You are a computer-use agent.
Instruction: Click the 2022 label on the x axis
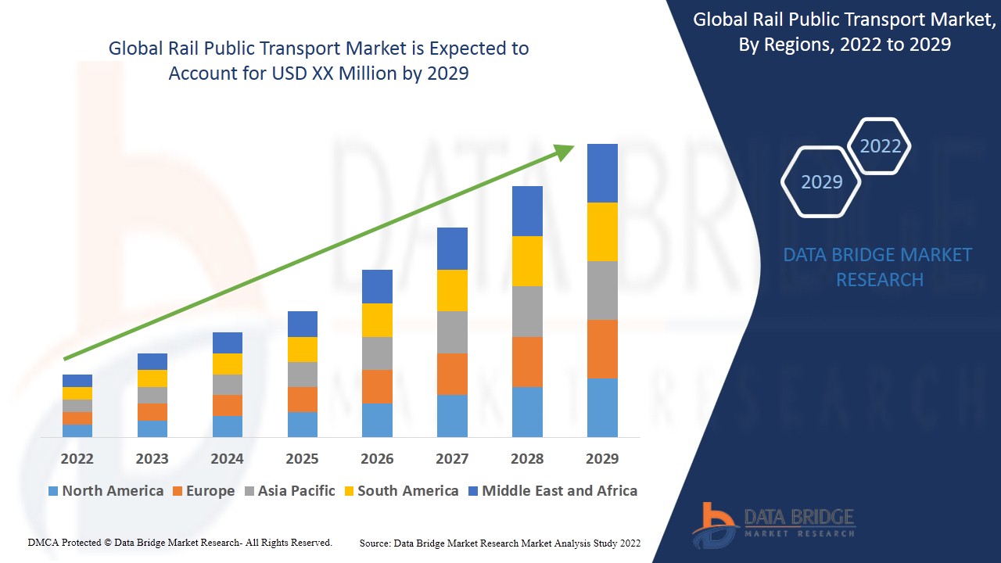coord(77,458)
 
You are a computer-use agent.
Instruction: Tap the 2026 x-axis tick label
coord(377,458)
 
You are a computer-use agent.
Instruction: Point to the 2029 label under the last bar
coord(602,458)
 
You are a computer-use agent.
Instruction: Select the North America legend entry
coord(106,491)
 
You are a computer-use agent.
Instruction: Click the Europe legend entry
coord(203,491)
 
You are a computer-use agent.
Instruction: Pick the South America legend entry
coord(400,491)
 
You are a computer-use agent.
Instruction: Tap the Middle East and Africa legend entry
coord(552,491)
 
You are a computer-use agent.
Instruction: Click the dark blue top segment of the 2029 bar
coord(602,173)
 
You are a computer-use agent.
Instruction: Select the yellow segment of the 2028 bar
coord(527,261)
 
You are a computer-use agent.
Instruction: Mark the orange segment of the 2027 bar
coord(452,374)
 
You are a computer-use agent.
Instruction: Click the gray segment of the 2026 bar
coord(377,353)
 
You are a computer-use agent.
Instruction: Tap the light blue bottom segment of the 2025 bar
coord(302,424)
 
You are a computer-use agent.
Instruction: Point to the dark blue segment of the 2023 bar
coord(152,361)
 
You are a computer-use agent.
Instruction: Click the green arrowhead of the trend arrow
coord(565,151)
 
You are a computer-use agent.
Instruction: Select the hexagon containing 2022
coord(880,146)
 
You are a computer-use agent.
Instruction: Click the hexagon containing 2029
coord(821,181)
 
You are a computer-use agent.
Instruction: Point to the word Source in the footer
coord(375,543)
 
